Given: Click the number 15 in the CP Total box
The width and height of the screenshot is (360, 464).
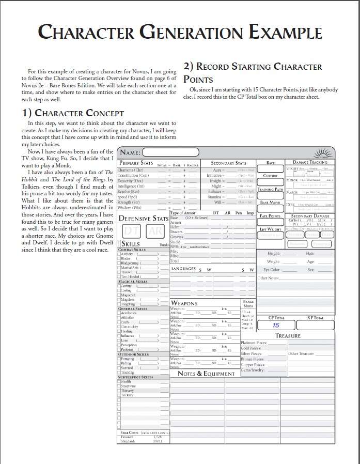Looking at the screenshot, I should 276,325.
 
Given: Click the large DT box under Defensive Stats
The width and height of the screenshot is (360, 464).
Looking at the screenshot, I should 131,230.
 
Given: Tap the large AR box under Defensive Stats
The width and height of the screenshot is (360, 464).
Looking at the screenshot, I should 154,230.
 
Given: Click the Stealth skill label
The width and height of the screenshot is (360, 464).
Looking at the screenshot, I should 127,382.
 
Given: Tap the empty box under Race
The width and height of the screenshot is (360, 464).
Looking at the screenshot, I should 271,169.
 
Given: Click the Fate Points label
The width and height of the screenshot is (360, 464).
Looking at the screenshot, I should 270,216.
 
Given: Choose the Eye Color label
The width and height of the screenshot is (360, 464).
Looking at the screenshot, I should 271,270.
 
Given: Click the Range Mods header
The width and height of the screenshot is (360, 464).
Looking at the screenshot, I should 248,303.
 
